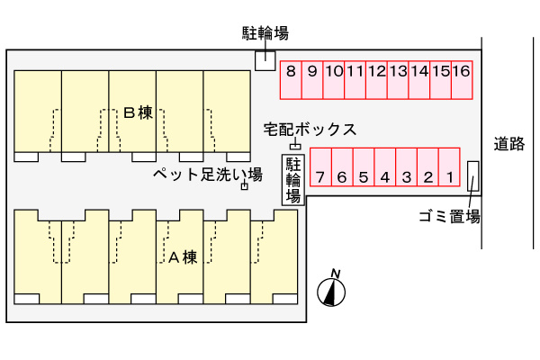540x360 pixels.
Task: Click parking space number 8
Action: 291,80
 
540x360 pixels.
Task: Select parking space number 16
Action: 462,80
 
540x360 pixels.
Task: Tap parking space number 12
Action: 377,80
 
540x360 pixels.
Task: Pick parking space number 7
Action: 320,167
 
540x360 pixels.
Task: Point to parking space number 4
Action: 385,167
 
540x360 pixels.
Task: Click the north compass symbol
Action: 331,292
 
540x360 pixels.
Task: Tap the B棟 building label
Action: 138,112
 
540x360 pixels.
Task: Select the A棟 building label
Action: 183,257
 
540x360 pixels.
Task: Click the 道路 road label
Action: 509,144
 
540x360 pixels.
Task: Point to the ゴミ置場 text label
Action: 449,217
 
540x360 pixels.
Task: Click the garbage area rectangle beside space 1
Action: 472,176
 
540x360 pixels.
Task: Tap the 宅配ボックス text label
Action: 310,130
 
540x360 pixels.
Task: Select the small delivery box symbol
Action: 295,147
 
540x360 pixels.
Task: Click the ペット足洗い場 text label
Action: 208,175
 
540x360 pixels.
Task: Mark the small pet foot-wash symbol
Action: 245,186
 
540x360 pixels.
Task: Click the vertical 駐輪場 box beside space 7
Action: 293,180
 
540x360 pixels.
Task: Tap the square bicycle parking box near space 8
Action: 265,60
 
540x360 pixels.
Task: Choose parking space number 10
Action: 334,80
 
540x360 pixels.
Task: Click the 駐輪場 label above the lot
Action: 265,33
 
